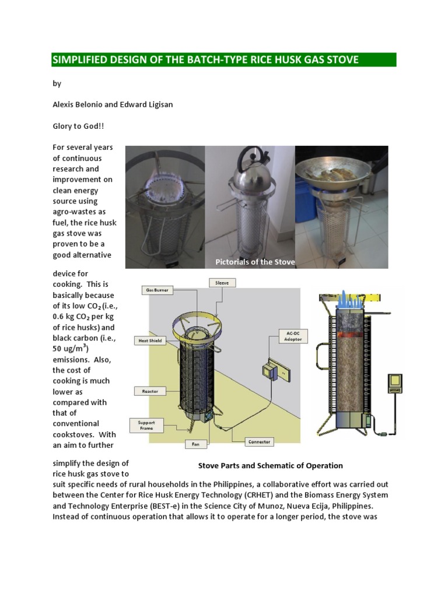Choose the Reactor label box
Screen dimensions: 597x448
click(150, 391)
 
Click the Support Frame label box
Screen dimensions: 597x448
click(146, 425)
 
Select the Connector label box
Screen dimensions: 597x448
click(258, 441)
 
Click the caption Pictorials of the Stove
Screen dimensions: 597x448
click(255, 262)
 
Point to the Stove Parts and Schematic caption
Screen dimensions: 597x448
click(270, 466)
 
